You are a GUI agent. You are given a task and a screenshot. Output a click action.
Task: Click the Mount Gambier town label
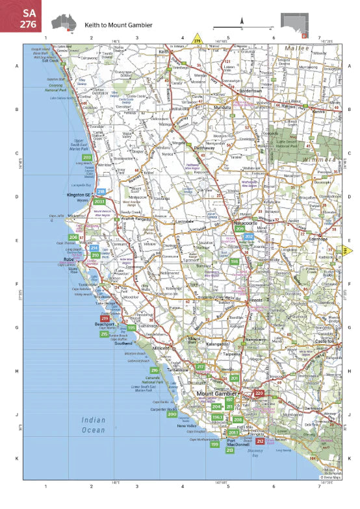(218, 393)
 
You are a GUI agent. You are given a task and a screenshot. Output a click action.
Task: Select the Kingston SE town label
(81, 194)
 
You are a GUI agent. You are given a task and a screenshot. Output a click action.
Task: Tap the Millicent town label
(161, 349)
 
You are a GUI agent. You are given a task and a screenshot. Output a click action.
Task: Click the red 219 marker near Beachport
(105, 317)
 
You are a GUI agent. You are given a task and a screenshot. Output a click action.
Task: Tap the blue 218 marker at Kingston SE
(101, 192)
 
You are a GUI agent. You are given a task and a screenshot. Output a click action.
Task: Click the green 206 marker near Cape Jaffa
(73, 238)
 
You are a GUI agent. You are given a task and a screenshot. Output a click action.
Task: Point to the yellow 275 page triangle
(198, 41)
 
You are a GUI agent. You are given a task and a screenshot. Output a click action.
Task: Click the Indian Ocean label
(93, 425)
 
